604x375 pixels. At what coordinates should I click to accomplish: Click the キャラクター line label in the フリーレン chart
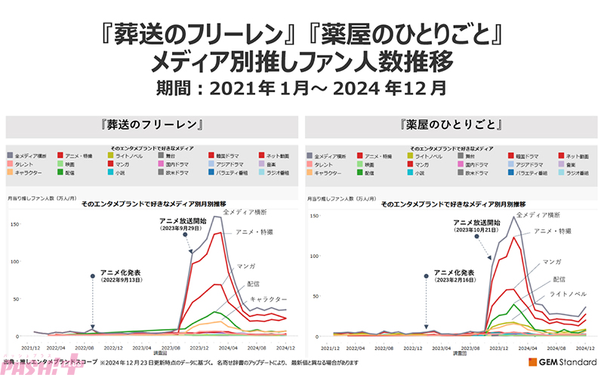click(267, 300)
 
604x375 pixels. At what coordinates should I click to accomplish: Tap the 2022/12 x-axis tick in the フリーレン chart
click(113, 347)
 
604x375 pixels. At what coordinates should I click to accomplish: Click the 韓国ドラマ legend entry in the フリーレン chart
click(222, 155)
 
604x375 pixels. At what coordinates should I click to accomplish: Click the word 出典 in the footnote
click(11, 364)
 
